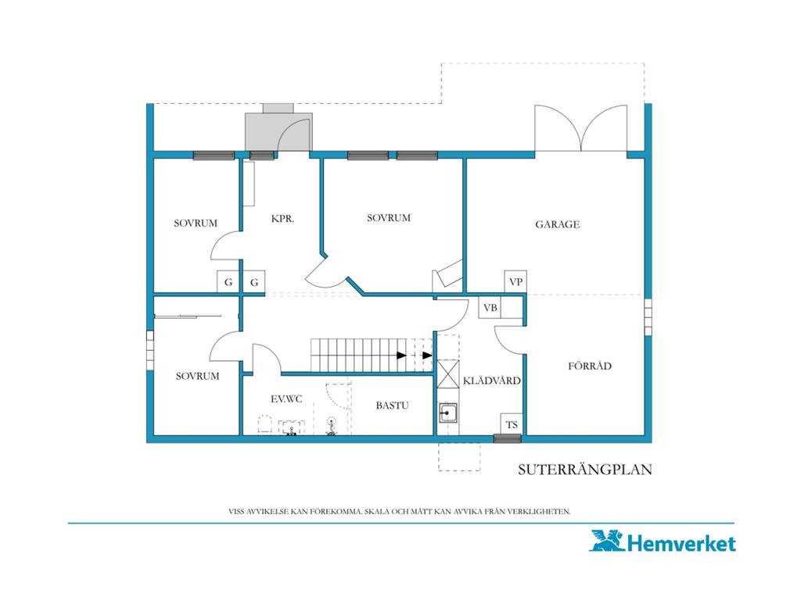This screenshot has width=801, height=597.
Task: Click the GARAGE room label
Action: [557, 224]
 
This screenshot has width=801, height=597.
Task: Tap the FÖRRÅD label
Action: [590, 366]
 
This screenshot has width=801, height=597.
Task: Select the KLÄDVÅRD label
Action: [491, 380]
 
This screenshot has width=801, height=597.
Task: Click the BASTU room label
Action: [392, 406]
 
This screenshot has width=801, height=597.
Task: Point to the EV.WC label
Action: [286, 399]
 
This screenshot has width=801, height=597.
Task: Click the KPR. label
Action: [282, 219]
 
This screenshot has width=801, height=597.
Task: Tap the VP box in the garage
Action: [515, 281]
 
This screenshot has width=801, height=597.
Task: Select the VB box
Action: [490, 308]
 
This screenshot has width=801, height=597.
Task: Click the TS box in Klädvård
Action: [512, 424]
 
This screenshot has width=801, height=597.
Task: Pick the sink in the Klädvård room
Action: [448, 413]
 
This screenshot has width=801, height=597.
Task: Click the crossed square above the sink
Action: [448, 374]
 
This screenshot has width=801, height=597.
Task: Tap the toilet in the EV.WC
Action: [264, 425]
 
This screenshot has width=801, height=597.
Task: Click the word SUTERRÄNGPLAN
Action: [585, 470]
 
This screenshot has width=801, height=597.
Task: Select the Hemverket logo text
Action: [681, 543]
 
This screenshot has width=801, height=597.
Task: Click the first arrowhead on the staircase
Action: [402, 355]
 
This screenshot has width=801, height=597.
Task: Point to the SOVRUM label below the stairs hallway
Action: [197, 376]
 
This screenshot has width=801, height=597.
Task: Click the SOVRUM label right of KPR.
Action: [389, 218]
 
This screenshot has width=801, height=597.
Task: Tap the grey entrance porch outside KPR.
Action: [278, 127]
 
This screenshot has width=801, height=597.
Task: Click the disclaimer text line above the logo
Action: [400, 511]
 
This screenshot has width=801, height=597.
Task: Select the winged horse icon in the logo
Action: [607, 541]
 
